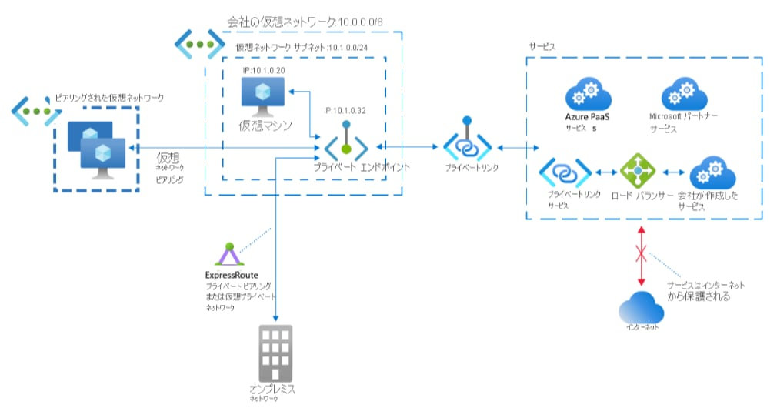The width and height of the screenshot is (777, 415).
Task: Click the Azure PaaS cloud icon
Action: click(588, 95)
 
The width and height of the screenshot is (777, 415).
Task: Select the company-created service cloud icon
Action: click(712, 172)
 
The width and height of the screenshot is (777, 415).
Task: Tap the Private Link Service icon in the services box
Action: click(564, 172)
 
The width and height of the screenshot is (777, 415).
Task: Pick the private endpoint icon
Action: click(347, 144)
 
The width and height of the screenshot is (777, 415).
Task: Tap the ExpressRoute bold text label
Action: click(231, 275)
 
